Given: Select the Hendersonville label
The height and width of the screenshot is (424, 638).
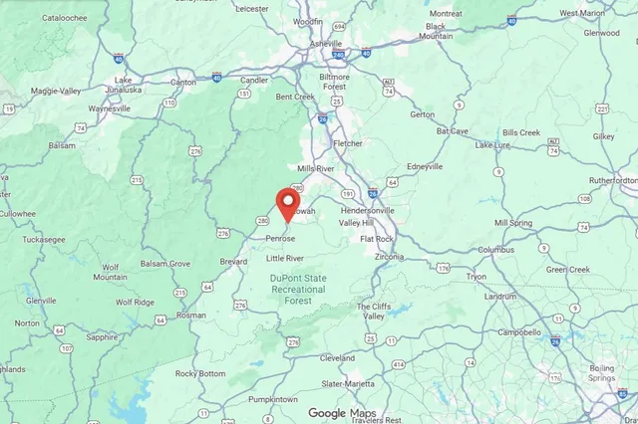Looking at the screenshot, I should [x=368, y=211].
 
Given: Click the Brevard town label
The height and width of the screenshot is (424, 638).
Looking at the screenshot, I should [x=233, y=260].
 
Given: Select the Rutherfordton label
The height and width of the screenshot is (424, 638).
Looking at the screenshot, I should [x=612, y=180].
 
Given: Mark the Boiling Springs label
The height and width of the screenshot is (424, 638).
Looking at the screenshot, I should [x=602, y=373].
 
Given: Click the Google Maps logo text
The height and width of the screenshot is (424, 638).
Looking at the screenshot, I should [x=342, y=413].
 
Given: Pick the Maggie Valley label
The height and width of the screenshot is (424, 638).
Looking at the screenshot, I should [x=57, y=92].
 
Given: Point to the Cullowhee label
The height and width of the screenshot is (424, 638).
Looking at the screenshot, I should [x=18, y=213].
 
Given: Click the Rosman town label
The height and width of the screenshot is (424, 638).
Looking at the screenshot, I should [x=191, y=315].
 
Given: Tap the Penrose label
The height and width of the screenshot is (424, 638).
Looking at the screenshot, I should [x=280, y=239].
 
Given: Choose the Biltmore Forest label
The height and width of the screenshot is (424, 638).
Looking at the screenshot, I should [x=326, y=82].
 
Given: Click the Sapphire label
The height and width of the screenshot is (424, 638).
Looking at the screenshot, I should [x=102, y=337].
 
